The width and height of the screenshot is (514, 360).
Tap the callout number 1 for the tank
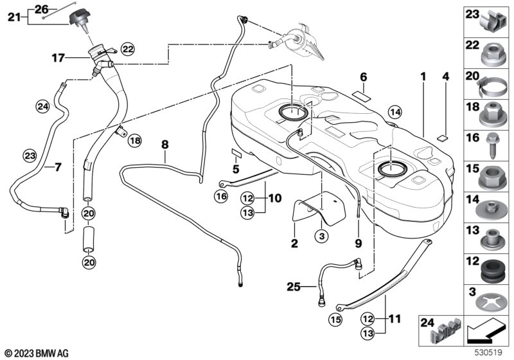(x=423, y=76)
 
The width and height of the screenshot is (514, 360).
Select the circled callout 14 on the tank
(x=394, y=113)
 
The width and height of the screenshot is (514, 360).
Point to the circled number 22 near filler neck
(x=127, y=48)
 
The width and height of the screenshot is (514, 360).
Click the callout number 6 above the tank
(x=363, y=76)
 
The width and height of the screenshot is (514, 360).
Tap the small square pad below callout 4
(x=442, y=137)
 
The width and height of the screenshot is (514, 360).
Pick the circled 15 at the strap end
(x=336, y=319)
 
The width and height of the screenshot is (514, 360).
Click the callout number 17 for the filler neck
(x=58, y=58)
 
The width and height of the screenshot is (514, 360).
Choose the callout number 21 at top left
(x=14, y=17)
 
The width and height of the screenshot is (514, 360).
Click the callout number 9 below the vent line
(x=358, y=244)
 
